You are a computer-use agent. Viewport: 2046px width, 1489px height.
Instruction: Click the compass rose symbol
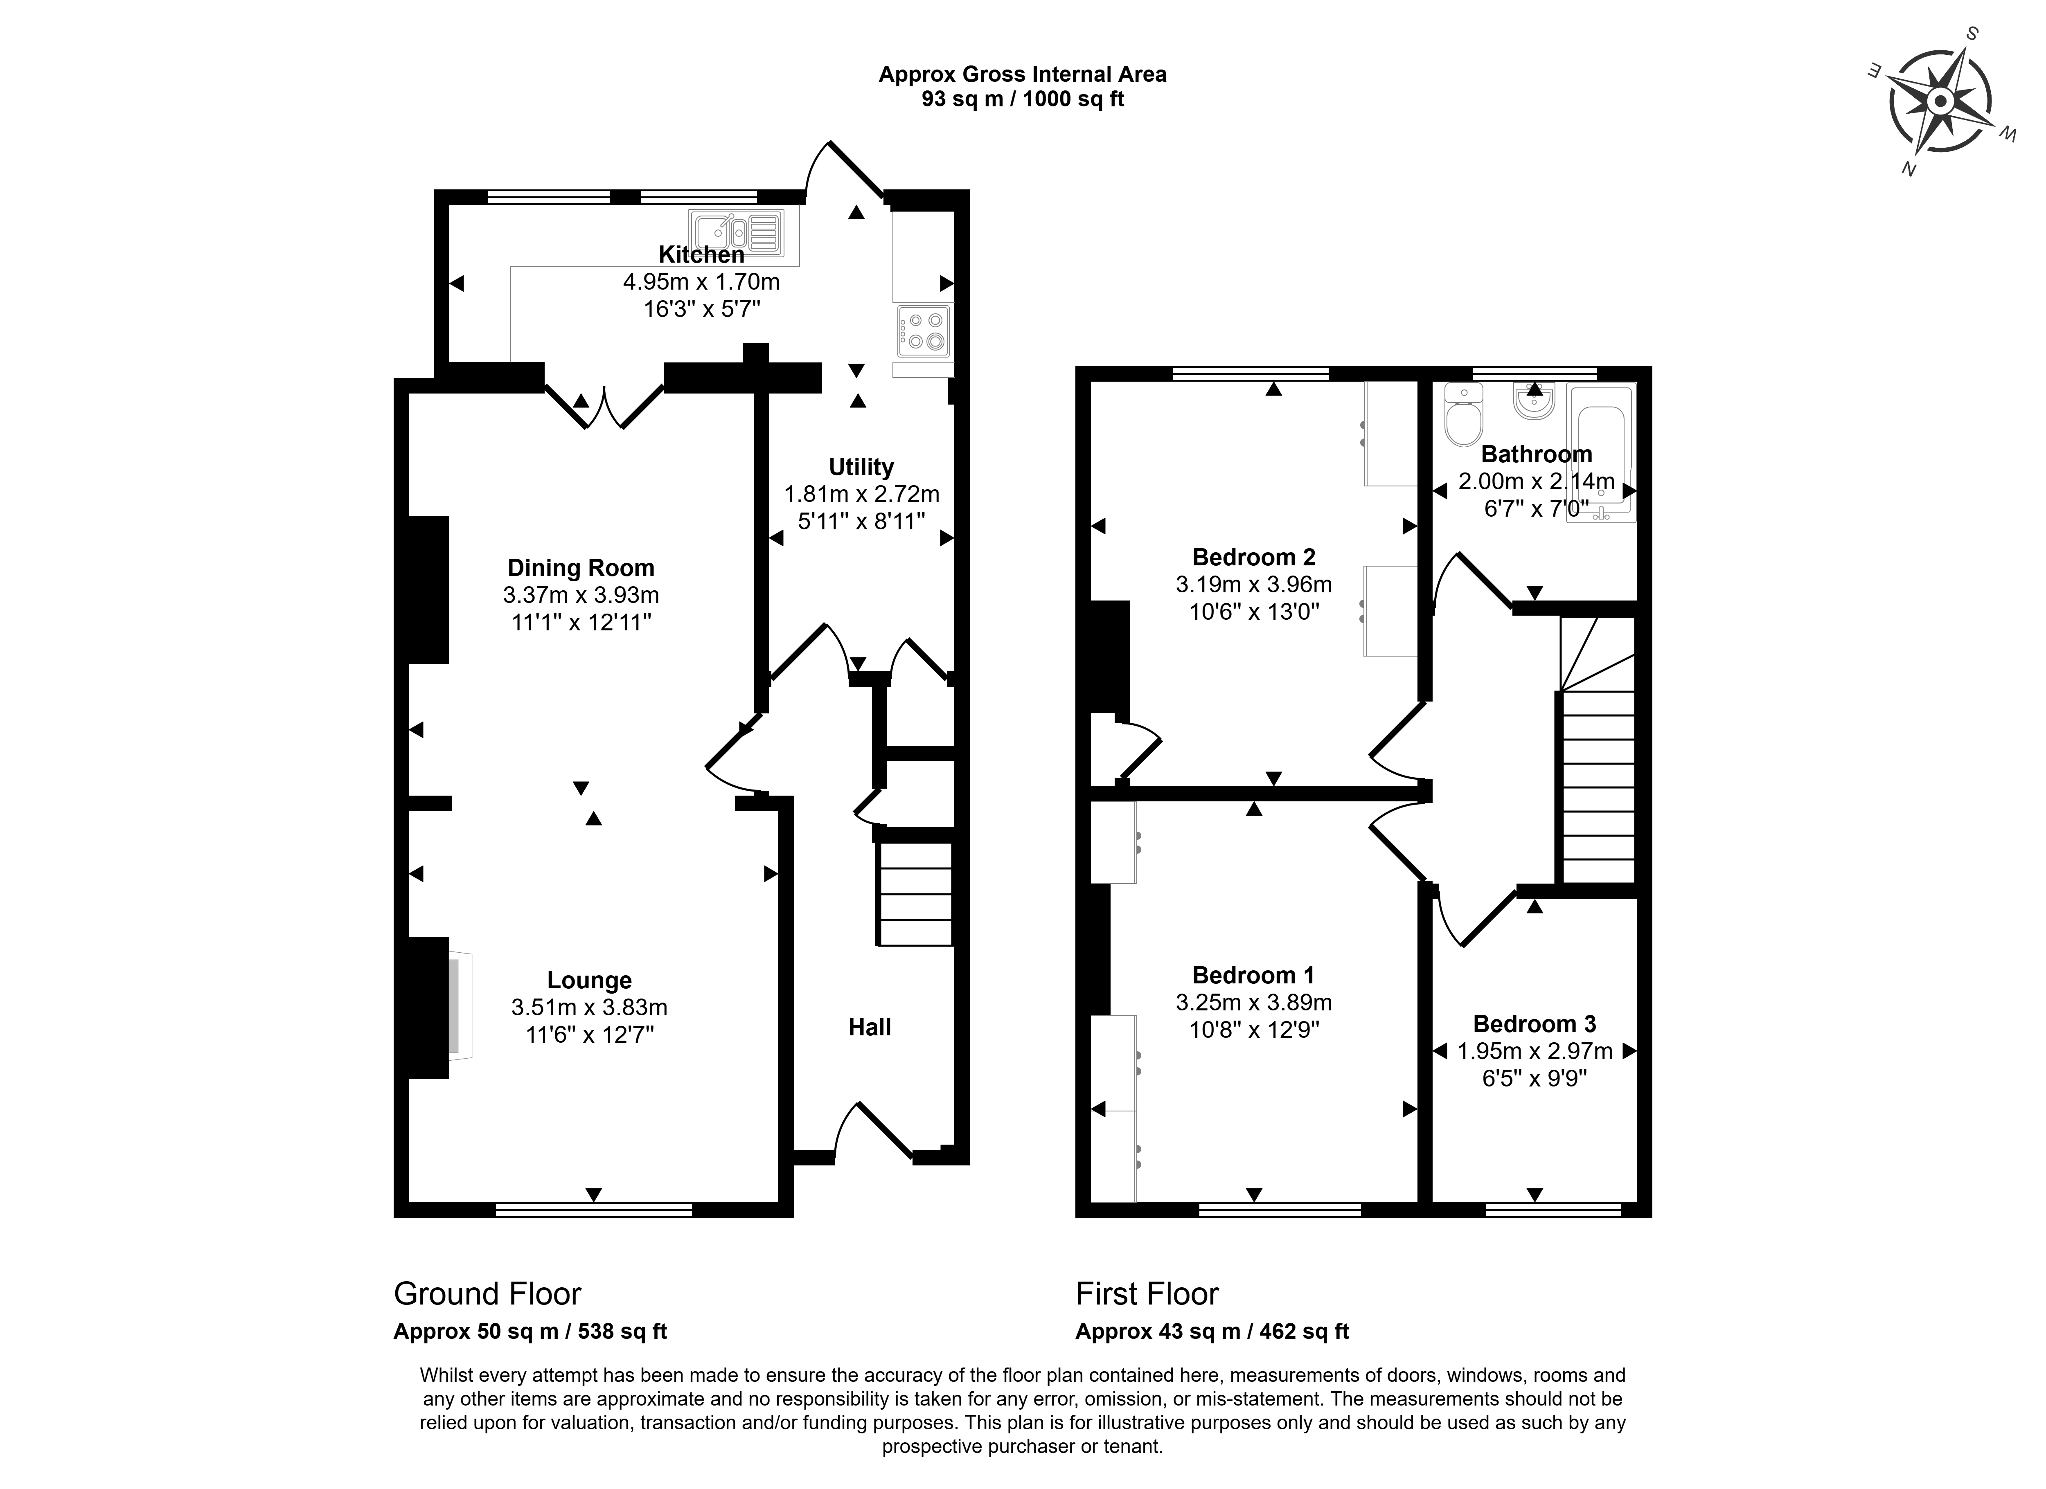(1940, 101)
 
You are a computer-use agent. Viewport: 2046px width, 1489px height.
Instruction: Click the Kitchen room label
(701, 254)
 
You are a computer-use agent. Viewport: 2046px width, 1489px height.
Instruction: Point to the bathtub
(1600, 454)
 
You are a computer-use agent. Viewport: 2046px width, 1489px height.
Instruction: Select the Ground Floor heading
(487, 1294)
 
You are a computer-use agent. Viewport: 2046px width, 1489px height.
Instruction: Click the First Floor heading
(1147, 1294)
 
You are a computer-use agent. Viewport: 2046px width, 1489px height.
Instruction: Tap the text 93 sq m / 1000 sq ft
(1022, 99)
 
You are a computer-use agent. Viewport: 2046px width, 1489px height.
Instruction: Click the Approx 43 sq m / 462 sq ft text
(1212, 1331)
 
